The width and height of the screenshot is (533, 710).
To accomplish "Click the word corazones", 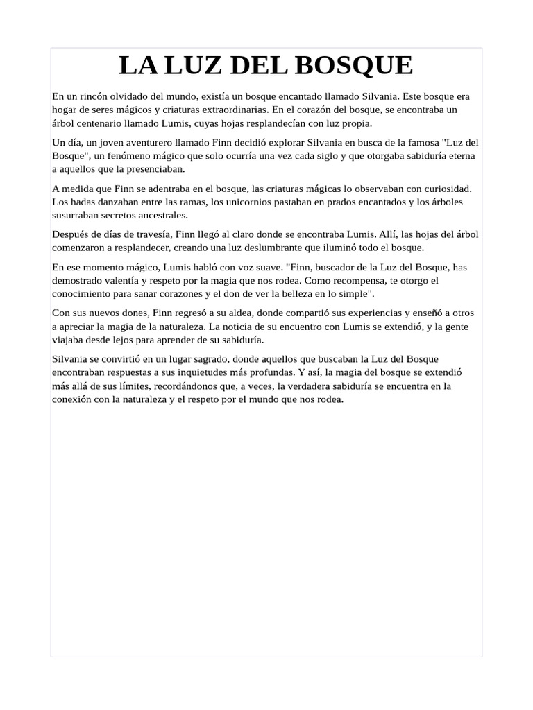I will pyautogui.click(x=187, y=293).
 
